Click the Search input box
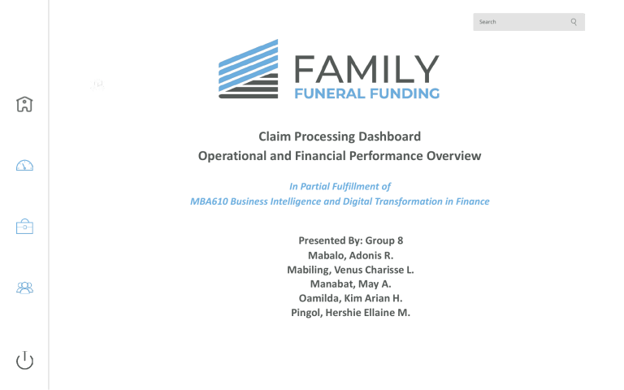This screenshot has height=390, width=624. click(x=520, y=22)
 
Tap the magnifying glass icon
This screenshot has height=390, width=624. click(x=574, y=22)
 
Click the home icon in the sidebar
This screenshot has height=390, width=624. click(x=25, y=104)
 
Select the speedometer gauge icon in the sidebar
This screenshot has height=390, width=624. click(x=25, y=166)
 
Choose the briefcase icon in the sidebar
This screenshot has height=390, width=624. click(x=25, y=227)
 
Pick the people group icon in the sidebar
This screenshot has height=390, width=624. click(x=25, y=288)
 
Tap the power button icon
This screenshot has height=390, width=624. click(x=25, y=360)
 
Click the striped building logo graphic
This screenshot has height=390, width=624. click(x=248, y=69)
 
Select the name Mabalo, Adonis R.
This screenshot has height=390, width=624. click(x=351, y=255)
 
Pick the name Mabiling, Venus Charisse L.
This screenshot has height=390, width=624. click(x=351, y=270)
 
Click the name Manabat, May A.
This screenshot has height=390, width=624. click(x=351, y=284)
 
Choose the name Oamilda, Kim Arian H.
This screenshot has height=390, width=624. click(x=351, y=298)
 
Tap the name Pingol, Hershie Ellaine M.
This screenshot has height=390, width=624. click(x=351, y=312)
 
